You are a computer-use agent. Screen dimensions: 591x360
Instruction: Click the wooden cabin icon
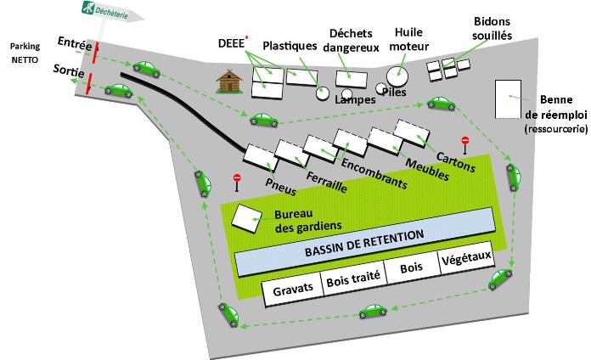229,82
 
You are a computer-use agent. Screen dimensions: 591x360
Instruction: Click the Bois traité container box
353,279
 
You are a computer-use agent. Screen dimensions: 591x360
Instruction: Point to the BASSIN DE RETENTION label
364,244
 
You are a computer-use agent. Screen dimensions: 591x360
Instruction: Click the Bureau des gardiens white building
247,219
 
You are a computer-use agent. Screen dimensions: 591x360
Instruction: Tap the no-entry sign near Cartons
465,145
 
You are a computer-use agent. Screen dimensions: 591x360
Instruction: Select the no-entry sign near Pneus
237,183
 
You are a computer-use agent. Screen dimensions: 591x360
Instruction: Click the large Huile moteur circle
397,76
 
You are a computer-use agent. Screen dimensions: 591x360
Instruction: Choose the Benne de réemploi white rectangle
508,99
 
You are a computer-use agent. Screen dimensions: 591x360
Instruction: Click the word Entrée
75,44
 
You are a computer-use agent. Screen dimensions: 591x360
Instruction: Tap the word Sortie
69,70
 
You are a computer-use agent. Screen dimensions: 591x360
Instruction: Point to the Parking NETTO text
25,53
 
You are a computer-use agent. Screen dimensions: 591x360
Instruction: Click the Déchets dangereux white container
352,79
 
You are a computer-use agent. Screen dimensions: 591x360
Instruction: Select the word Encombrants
374,173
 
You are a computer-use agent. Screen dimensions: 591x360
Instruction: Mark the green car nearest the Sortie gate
119,91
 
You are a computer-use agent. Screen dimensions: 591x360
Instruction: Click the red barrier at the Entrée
96,52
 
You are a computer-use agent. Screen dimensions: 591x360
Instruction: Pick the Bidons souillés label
492,28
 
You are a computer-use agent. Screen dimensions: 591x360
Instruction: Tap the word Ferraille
326,182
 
